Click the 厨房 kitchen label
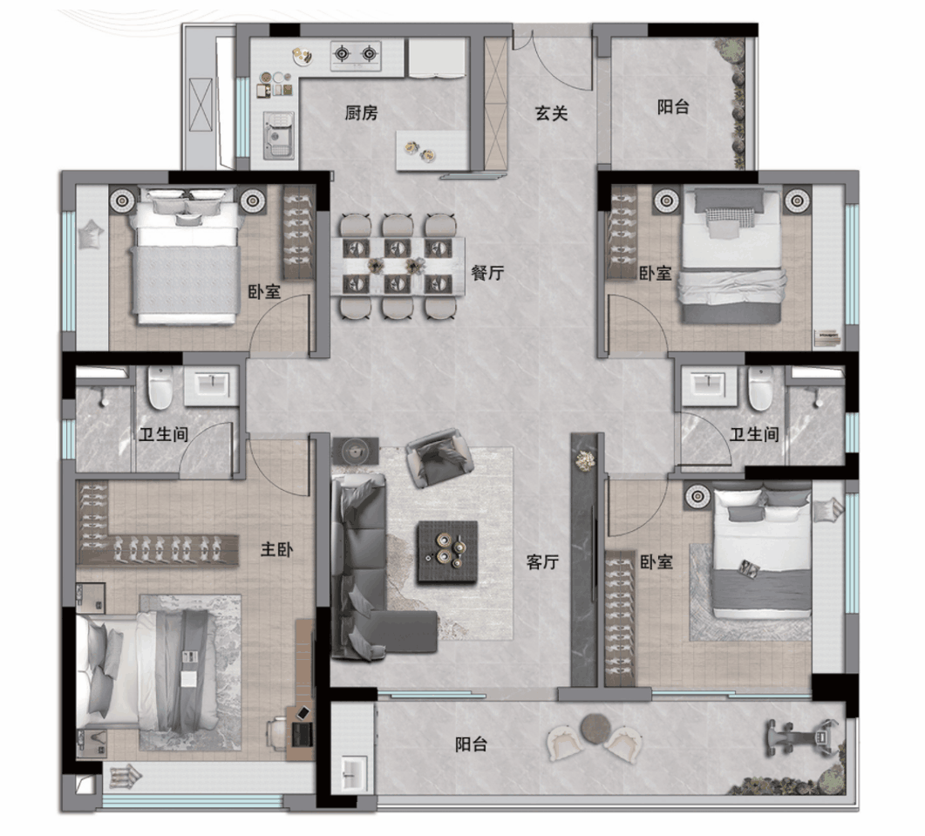pyautogui.click(x=362, y=112)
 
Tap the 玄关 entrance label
pyautogui.click(x=551, y=113)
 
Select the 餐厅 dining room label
pyautogui.click(x=487, y=273)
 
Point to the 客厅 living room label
pyautogui.click(x=542, y=561)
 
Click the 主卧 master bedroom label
pyautogui.click(x=276, y=549)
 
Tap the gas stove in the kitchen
pyautogui.click(x=356, y=55)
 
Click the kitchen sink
pyautogui.click(x=278, y=136)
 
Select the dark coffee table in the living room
pyautogui.click(x=448, y=553)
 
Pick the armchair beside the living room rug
pyautogui.click(x=439, y=459)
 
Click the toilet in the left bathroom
pyautogui.click(x=160, y=388)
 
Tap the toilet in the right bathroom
pyautogui.click(x=760, y=388)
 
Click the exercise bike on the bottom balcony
pyautogui.click(x=802, y=737)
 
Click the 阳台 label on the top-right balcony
pyautogui.click(x=673, y=106)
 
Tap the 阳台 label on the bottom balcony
pyautogui.click(x=471, y=744)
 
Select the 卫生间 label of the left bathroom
pyautogui.click(x=163, y=435)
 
